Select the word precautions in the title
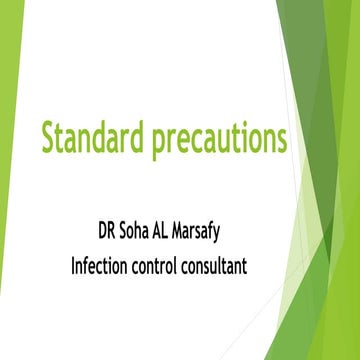click(x=218, y=137)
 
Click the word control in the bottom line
click(x=169, y=264)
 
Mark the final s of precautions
click(x=282, y=138)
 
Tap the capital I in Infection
click(x=72, y=264)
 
